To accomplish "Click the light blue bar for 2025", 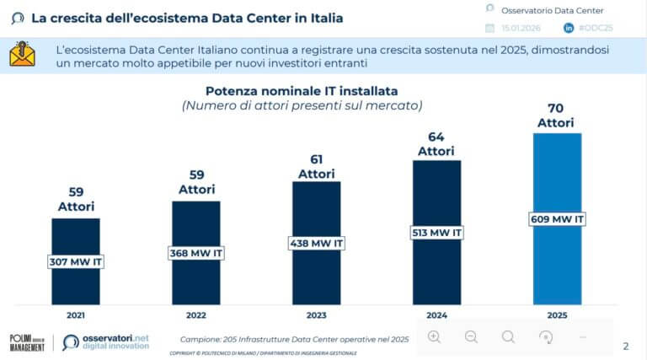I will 557,261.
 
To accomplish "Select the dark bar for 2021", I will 76,282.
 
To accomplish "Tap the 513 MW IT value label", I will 436,233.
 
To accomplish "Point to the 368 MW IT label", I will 195,252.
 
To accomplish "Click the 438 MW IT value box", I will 316,243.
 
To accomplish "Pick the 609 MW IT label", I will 557,219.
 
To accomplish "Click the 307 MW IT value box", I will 76,261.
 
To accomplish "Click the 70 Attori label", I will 557,116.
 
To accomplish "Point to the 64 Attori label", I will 436,143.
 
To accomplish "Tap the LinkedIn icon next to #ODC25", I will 569,28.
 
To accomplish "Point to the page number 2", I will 624,346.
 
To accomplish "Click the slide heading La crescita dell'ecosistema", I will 187,17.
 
